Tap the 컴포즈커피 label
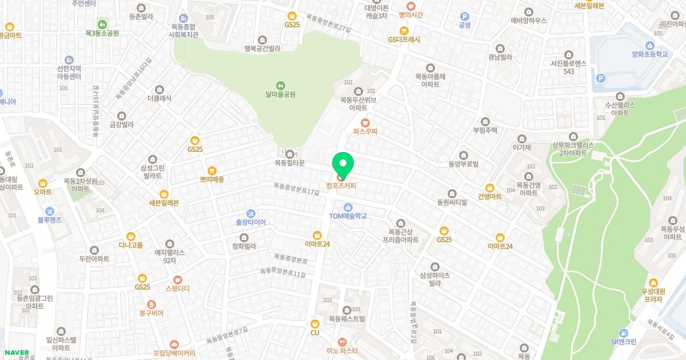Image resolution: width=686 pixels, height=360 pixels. point(341,186)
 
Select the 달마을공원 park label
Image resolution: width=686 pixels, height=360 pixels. point(281,94)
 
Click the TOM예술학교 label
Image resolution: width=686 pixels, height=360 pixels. point(348,216)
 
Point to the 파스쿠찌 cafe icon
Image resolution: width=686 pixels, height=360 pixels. point(365,122)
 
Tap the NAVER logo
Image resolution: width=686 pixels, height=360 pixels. point(17,352)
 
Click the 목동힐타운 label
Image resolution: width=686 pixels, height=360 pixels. point(289,163)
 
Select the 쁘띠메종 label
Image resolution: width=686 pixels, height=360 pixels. point(212,179)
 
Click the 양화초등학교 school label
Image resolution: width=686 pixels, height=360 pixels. point(649,54)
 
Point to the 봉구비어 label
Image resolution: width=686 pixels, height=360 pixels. point(151,313)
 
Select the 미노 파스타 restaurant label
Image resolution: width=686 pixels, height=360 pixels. point(342,351)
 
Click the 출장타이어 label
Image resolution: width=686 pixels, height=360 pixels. point(250,222)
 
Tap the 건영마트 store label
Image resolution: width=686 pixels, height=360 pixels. point(489,196)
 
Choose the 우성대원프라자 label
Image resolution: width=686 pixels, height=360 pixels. point(652,295)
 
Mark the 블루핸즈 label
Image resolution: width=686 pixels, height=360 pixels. point(49,219)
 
